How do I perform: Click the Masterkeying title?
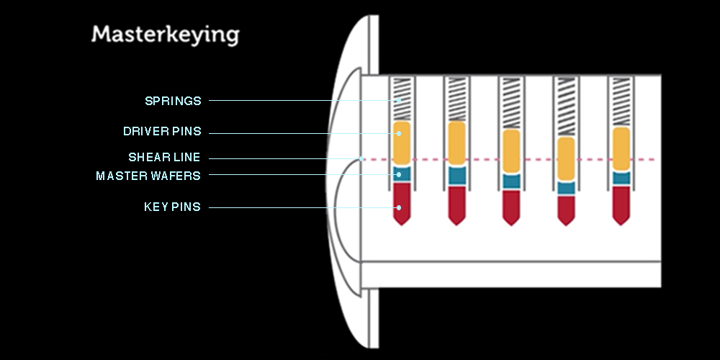click(166, 35)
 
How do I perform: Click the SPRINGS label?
click(173, 101)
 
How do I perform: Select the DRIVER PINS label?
click(162, 131)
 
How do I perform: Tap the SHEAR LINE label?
click(164, 158)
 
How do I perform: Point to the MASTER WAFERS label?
click(148, 176)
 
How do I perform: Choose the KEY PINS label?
click(172, 207)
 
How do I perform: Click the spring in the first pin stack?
click(402, 99)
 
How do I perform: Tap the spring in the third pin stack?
click(511, 103)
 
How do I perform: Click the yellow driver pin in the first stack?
click(402, 143)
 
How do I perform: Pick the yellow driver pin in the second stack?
click(457, 143)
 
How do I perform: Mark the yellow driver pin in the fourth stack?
click(566, 159)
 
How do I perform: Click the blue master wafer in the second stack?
click(457, 176)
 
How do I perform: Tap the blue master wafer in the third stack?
click(511, 181)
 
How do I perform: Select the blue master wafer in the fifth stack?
click(621, 178)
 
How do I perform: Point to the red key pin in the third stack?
click(511, 207)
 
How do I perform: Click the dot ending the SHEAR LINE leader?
click(362, 159)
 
